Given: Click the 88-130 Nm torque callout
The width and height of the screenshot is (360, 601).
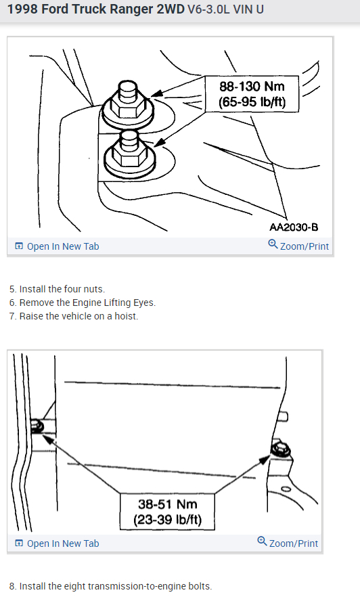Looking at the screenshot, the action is click(x=252, y=94).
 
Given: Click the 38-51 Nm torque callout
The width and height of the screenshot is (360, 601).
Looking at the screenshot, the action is click(x=167, y=512).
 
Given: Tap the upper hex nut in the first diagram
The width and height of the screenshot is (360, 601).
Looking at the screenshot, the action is click(x=128, y=104).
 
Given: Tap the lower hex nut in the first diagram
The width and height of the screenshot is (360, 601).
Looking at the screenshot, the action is click(x=129, y=154).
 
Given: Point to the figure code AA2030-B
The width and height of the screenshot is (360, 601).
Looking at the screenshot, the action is click(x=294, y=227).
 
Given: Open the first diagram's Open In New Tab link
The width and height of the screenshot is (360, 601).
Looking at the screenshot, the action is click(x=57, y=246).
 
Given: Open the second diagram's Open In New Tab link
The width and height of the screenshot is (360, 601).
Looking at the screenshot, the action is click(x=57, y=543).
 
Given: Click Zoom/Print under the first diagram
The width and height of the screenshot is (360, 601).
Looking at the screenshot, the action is click(x=298, y=246).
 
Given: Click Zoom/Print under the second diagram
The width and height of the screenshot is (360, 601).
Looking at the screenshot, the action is click(x=288, y=543).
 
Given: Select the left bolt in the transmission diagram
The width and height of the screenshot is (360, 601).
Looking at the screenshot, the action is click(x=37, y=426).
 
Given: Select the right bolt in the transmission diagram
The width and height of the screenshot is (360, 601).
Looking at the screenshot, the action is click(x=281, y=449).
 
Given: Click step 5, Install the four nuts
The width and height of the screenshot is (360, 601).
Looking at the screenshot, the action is click(x=57, y=289).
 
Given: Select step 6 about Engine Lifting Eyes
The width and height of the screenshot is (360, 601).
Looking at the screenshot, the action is click(x=83, y=303).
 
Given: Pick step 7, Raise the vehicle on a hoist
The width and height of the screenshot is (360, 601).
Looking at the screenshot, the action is click(x=74, y=316).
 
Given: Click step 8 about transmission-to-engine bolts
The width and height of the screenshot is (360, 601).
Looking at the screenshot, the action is click(x=110, y=586).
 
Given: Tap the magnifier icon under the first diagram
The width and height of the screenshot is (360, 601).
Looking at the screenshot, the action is click(x=273, y=244).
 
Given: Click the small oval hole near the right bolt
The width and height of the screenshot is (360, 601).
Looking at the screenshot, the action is click(x=286, y=489).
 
